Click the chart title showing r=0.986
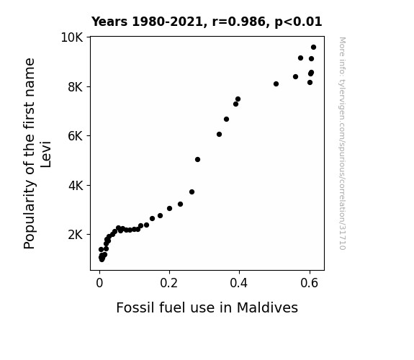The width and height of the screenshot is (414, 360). point(207,22)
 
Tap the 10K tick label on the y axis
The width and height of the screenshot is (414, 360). point(72,37)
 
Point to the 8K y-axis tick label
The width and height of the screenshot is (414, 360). point(76,87)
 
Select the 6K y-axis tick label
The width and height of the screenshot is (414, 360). point(76,136)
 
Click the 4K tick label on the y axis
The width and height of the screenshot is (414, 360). point(76,186)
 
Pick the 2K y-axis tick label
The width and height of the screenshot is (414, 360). point(76,235)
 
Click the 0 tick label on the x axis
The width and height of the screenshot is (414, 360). point(99,283)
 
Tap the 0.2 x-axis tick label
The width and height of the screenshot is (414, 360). point(169,283)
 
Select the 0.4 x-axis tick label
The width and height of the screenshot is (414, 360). point(239,283)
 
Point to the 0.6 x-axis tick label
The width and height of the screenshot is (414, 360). point(309,283)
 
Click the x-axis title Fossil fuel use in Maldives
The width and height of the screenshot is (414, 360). point(207,307)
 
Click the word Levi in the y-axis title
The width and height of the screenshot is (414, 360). point(45,155)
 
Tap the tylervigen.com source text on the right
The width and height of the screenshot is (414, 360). point(342,143)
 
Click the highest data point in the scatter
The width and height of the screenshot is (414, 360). point(313,48)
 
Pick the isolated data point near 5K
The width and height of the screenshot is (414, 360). point(197,160)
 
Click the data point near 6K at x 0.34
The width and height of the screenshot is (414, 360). point(219,135)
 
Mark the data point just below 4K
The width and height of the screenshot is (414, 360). point(192,192)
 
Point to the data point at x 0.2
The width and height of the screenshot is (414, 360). point(169,209)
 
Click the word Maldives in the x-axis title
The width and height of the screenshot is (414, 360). point(267,307)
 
